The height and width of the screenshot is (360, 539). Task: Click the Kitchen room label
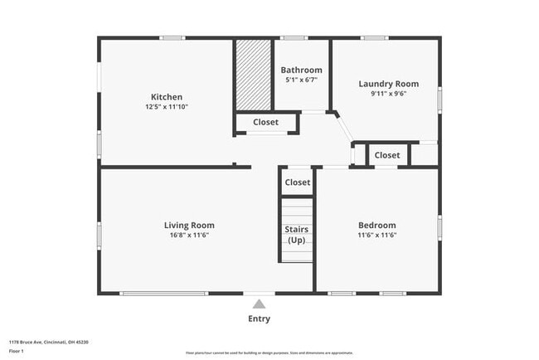click(x=167, y=97)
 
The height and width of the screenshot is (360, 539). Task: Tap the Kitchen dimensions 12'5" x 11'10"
click(x=167, y=107)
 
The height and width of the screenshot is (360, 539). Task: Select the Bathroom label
click(x=301, y=70)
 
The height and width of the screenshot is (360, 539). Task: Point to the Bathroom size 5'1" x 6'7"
click(x=301, y=80)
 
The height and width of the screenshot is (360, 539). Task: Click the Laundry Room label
click(x=388, y=84)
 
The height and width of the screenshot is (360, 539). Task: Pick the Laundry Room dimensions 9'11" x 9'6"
click(x=388, y=94)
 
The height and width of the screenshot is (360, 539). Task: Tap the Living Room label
click(x=189, y=225)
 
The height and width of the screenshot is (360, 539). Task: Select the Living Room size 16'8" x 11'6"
click(x=189, y=236)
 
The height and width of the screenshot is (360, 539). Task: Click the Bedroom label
click(x=376, y=225)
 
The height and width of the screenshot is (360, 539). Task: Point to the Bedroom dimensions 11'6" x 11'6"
click(x=376, y=236)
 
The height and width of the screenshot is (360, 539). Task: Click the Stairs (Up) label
click(x=297, y=234)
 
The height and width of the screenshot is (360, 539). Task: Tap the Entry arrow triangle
click(x=260, y=304)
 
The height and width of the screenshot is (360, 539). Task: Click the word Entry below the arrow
click(x=260, y=319)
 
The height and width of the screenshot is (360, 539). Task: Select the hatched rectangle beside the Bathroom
click(x=254, y=75)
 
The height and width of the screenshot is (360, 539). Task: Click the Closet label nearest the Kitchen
click(x=265, y=123)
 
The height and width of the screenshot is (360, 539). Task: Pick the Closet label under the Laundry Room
click(x=386, y=155)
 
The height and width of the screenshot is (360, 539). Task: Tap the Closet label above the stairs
click(x=297, y=182)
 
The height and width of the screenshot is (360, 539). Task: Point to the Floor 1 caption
click(x=17, y=350)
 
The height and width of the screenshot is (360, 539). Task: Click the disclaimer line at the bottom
click(x=269, y=353)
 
